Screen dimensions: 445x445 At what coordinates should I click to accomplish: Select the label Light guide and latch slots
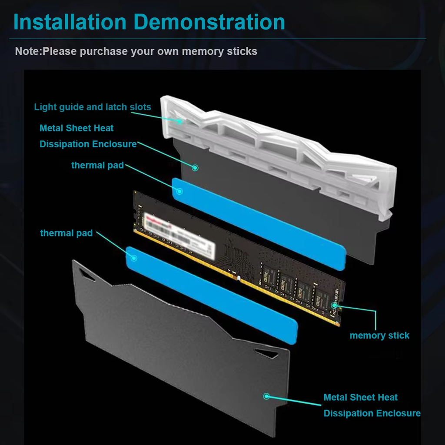pyautogui.click(x=93, y=107)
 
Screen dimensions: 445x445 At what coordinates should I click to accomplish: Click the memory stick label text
pyautogui.click(x=379, y=335)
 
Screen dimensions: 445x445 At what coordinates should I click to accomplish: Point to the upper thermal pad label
pyautogui.click(x=97, y=165)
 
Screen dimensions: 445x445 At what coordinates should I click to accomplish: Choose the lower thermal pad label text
pyautogui.click(x=66, y=233)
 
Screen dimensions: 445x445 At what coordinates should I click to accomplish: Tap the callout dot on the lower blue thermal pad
pyautogui.click(x=133, y=258)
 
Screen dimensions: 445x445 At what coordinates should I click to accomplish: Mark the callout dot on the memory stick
pyautogui.click(x=334, y=305)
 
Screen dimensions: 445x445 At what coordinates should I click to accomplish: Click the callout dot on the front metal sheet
pyautogui.click(x=266, y=396)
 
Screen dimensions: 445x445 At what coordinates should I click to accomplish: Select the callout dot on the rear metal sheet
pyautogui.click(x=195, y=167)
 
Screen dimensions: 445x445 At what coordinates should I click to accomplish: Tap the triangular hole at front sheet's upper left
pyautogui.click(x=87, y=273)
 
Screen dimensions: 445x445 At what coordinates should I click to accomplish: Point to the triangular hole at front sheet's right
pyautogui.click(x=266, y=352)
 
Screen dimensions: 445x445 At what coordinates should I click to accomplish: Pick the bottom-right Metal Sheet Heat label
pyautogui.click(x=360, y=397)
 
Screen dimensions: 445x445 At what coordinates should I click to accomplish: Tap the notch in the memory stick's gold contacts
pyautogui.click(x=238, y=277)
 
